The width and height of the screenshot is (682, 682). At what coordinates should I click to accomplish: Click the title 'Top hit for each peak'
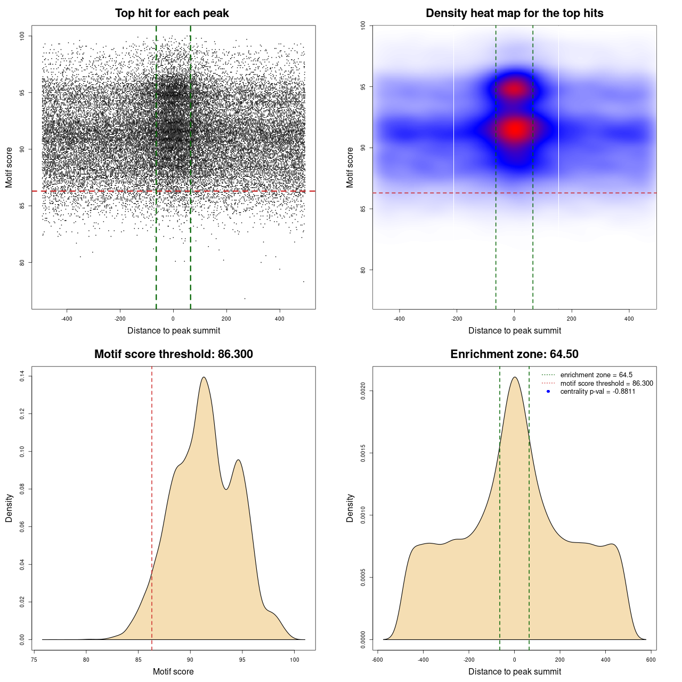click(x=172, y=13)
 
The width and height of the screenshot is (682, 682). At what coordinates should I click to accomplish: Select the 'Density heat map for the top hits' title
click(x=514, y=13)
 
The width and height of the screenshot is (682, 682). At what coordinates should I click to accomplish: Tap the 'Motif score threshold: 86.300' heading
click(x=173, y=354)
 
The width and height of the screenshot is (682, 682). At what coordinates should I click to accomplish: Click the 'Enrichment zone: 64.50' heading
click(x=514, y=354)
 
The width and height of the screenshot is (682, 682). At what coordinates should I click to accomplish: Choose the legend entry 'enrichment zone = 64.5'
click(x=596, y=375)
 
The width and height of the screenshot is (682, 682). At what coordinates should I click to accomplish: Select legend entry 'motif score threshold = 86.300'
click(x=606, y=384)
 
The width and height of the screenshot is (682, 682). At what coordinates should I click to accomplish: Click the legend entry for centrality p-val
click(x=597, y=392)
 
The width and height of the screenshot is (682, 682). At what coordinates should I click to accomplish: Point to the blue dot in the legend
click(x=548, y=392)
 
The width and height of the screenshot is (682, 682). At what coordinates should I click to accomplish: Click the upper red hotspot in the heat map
click(x=514, y=89)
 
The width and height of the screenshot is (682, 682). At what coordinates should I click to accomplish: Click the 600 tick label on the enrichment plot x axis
click(x=651, y=660)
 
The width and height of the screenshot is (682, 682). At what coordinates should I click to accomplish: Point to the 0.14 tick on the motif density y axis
click(x=22, y=377)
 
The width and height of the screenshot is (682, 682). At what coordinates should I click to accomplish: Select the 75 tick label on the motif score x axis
click(x=34, y=660)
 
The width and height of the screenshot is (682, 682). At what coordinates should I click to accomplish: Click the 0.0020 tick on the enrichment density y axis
click(x=363, y=391)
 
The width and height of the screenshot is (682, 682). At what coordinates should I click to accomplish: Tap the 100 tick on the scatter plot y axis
click(x=22, y=36)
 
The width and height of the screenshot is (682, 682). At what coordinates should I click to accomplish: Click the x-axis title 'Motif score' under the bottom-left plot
click(x=173, y=671)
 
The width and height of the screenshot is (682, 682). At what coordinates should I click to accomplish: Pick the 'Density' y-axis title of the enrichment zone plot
click(x=350, y=508)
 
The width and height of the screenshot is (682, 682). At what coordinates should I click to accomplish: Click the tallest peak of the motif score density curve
click(x=204, y=378)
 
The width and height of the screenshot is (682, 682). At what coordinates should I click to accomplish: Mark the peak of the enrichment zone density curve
click(x=515, y=378)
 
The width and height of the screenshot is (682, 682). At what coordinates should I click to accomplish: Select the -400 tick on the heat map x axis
click(x=399, y=319)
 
